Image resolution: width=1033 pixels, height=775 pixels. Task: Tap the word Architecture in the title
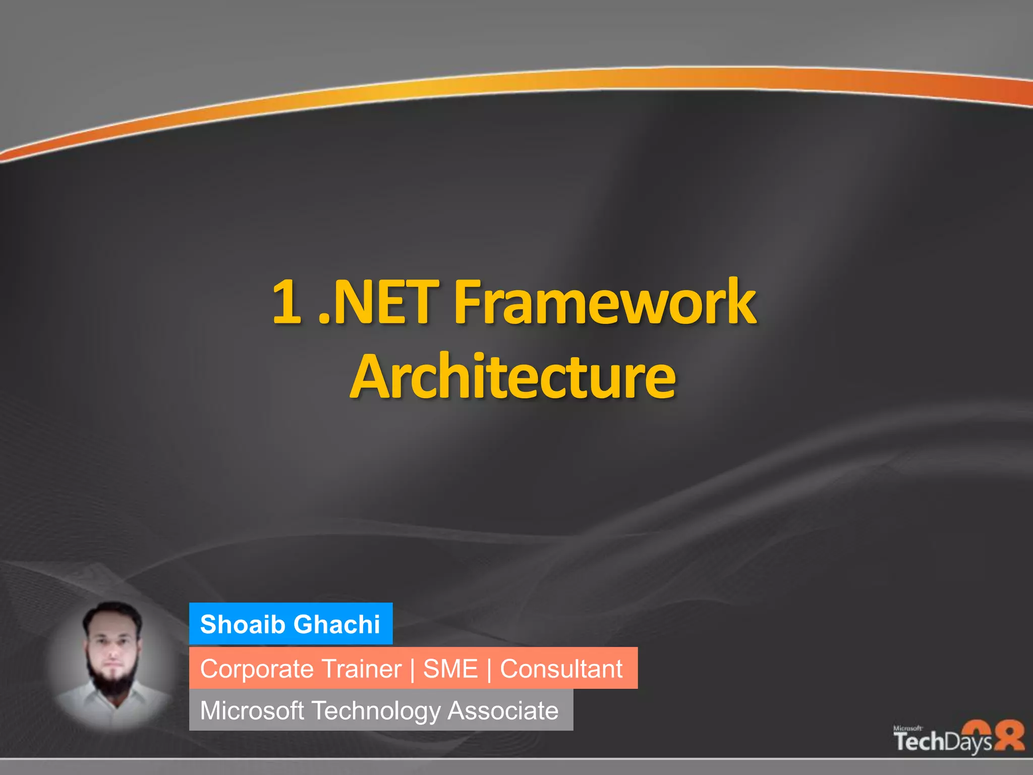[512, 376]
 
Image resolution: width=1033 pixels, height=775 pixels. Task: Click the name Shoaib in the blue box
[243, 624]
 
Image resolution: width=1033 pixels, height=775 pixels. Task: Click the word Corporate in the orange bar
[257, 669]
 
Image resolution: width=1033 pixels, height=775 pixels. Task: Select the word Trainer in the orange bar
[361, 669]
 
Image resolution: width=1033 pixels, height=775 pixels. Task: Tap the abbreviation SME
[450, 669]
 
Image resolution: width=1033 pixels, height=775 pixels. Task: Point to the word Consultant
[561, 669]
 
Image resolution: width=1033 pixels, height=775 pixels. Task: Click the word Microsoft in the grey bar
[252, 710]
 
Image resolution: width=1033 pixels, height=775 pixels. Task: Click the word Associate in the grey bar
[503, 710]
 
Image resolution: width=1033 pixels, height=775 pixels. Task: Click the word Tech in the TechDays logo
[919, 741]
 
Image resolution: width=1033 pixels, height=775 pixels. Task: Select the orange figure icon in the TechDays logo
[1007, 736]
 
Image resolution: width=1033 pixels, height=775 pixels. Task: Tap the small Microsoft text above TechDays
[907, 728]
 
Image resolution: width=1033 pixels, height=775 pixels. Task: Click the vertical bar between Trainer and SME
[413, 670]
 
